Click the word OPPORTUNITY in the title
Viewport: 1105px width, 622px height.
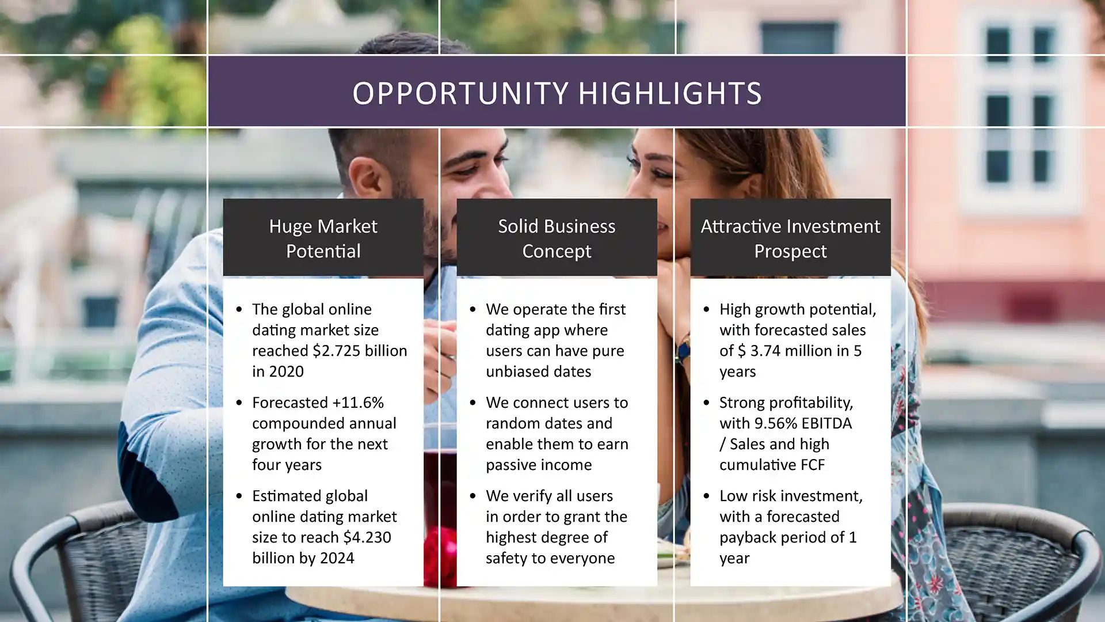click(460, 93)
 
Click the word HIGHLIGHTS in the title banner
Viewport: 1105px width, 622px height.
click(670, 93)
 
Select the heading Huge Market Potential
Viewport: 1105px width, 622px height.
click(323, 238)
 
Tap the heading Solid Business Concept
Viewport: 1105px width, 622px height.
click(557, 238)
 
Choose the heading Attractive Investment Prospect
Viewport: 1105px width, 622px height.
click(790, 238)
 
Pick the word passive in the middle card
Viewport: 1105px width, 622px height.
click(512, 464)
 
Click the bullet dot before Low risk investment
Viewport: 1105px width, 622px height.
click(706, 496)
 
